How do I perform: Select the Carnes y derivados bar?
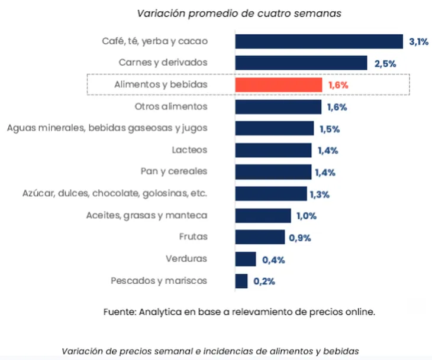tap(301, 63)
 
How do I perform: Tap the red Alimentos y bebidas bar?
tap(278, 85)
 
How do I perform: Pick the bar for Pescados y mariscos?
tap(241, 281)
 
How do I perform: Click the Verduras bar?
tap(246, 259)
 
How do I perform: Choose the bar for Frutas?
tap(260, 238)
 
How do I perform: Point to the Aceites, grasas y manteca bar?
tap(263, 216)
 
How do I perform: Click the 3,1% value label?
tap(418, 41)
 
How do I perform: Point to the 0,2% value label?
tap(264, 281)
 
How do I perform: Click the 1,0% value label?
tap(307, 216)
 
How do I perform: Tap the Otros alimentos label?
tap(171, 106)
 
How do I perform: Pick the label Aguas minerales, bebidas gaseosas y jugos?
tap(107, 128)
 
